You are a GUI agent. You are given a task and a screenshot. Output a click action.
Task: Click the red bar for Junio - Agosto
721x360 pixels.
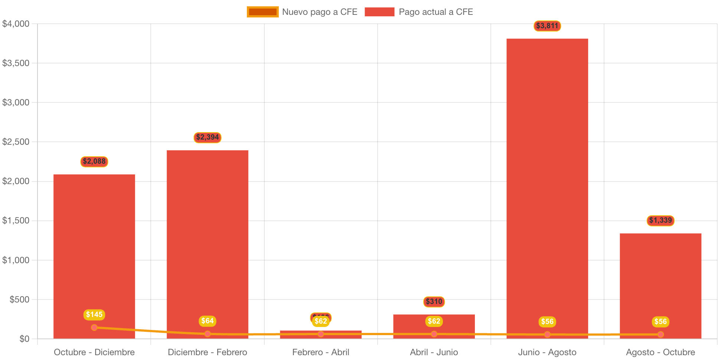pyautogui.click(x=547, y=186)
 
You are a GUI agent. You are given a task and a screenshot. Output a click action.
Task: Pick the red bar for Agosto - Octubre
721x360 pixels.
pyautogui.click(x=660, y=282)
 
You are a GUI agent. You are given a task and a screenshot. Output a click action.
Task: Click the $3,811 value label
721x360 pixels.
pyautogui.click(x=547, y=26)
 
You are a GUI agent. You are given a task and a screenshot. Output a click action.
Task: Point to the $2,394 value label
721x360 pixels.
pyautogui.click(x=208, y=138)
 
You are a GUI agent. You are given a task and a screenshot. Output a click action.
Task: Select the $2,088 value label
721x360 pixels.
pyautogui.click(x=94, y=161)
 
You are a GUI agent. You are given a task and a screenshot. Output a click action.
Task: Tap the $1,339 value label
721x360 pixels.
pyautogui.click(x=660, y=220)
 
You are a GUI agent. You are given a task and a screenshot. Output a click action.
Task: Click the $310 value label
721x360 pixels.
pyautogui.click(x=434, y=302)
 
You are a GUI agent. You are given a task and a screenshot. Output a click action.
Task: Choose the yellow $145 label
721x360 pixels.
pyautogui.click(x=94, y=315)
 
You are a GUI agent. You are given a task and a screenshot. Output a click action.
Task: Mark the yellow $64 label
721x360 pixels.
pyautogui.click(x=208, y=321)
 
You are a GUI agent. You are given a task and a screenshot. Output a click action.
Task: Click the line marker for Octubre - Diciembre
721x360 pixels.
pyautogui.click(x=94, y=327)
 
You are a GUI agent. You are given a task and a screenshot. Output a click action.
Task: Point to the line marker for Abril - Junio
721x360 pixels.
pyautogui.click(x=434, y=334)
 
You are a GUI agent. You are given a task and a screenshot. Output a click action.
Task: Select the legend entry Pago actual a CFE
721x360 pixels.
pyautogui.click(x=419, y=12)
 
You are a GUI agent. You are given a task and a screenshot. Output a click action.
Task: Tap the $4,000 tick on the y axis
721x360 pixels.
pyautogui.click(x=16, y=24)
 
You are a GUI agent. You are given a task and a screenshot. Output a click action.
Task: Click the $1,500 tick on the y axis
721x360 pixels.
pyautogui.click(x=16, y=221)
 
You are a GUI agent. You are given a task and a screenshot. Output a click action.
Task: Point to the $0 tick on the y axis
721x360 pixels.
pyautogui.click(x=25, y=339)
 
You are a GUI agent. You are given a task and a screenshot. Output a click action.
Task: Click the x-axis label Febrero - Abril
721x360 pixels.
pyautogui.click(x=321, y=352)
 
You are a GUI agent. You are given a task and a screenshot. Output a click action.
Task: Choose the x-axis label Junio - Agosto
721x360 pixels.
pyautogui.click(x=547, y=352)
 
